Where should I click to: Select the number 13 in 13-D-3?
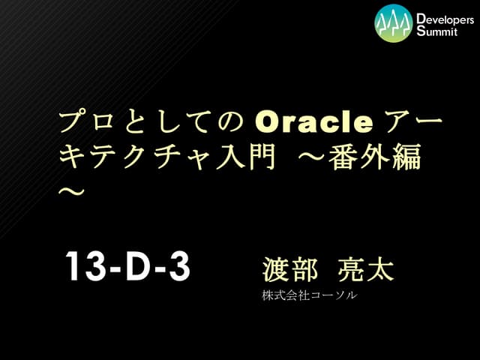tap(82, 267)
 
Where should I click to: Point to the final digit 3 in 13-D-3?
tap(178, 267)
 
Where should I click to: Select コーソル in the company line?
tap(334, 295)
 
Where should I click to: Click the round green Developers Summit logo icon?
tap(394, 23)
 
